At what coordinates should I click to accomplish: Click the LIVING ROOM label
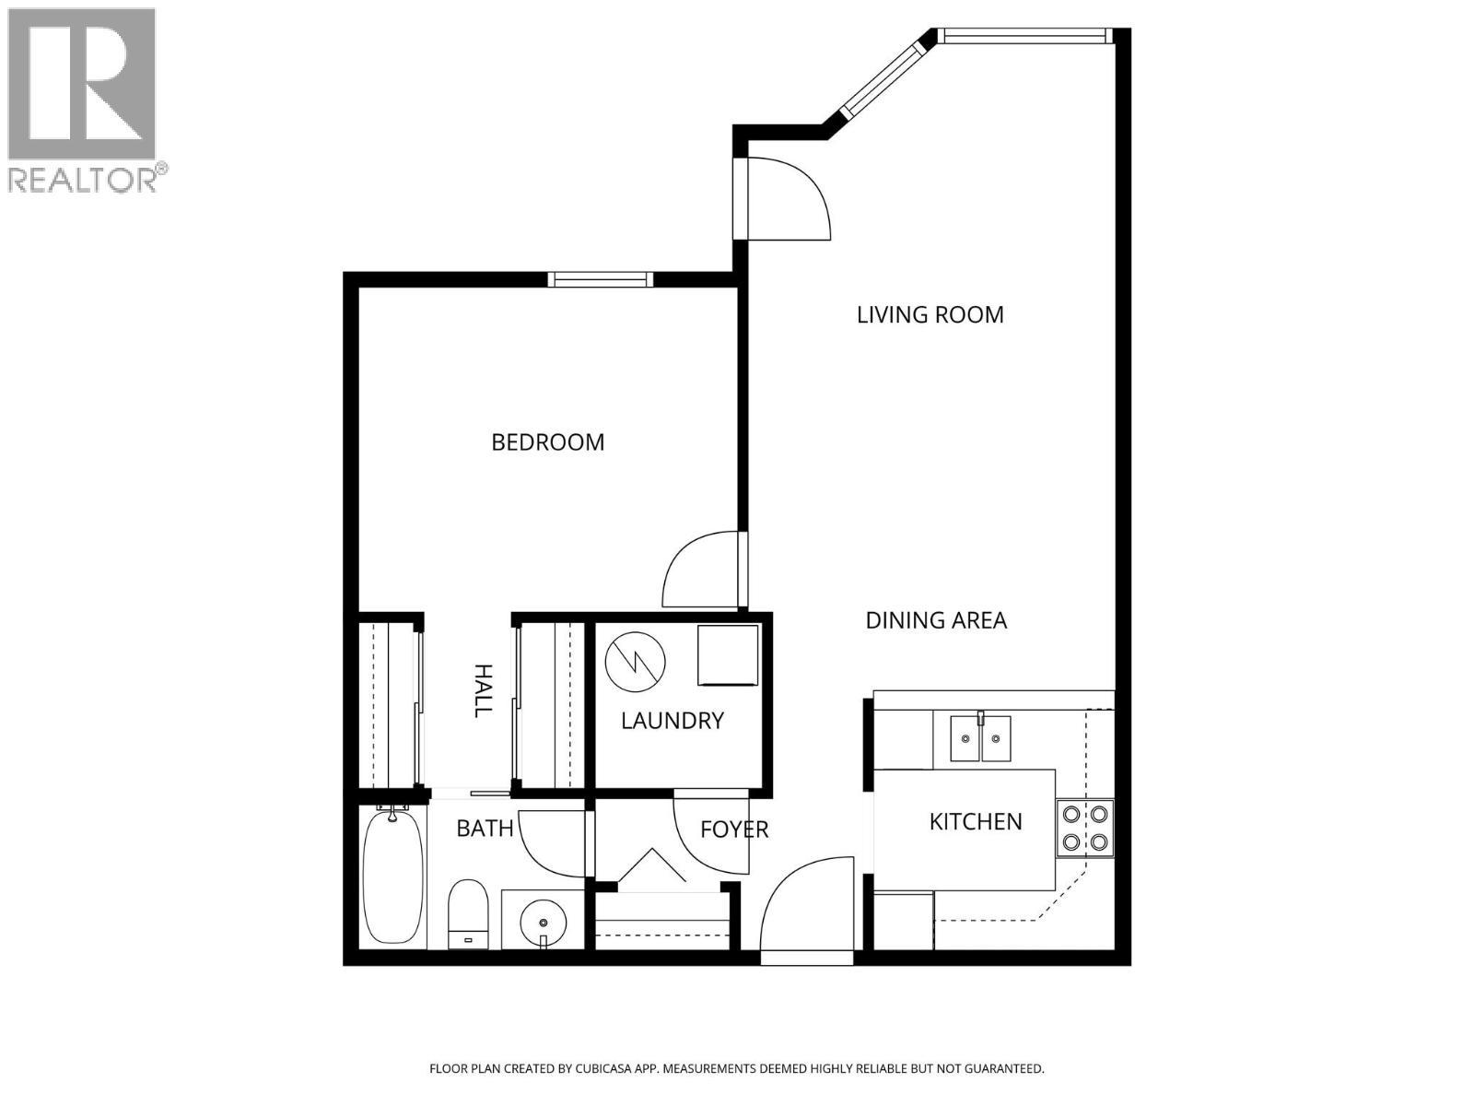(930, 315)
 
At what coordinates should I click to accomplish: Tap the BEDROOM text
(548, 442)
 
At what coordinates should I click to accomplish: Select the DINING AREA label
(936, 620)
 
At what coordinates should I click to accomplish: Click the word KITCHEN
(975, 821)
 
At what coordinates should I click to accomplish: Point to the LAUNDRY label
(672, 721)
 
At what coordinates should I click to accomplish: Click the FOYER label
(734, 829)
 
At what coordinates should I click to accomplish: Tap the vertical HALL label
(482, 690)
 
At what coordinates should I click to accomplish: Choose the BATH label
(485, 829)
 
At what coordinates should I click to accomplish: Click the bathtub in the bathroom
(392, 876)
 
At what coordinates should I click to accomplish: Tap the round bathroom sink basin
(544, 922)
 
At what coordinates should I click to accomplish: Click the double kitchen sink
(980, 738)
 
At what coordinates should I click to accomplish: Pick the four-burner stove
(1084, 828)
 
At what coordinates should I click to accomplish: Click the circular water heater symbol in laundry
(636, 658)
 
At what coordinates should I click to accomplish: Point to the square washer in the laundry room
(727, 655)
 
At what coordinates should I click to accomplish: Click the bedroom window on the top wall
(600, 279)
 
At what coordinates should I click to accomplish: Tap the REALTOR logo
(83, 100)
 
